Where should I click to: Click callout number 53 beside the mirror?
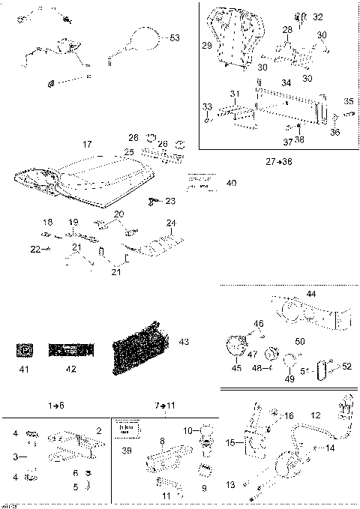(x=175, y=37)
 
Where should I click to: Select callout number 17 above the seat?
(x=87, y=144)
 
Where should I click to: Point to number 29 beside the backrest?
(x=207, y=46)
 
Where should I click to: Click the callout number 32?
(x=318, y=16)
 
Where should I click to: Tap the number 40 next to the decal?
(x=230, y=183)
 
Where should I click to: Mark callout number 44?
(x=310, y=294)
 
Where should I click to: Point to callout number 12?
(x=316, y=415)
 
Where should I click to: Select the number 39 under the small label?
(x=127, y=451)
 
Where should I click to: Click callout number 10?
(x=187, y=430)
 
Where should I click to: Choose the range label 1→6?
(x=55, y=406)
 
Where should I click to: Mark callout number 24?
(x=171, y=223)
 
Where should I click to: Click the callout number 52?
(x=346, y=366)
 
